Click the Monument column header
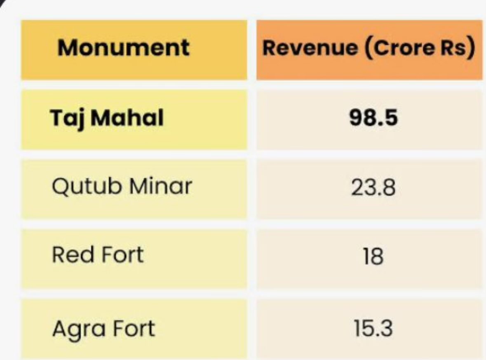click(x=123, y=48)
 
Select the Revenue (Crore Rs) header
click(x=369, y=48)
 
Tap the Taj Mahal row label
click(x=107, y=119)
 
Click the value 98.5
click(x=373, y=118)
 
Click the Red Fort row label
click(x=97, y=254)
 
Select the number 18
click(x=373, y=257)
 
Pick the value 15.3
click(x=373, y=329)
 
